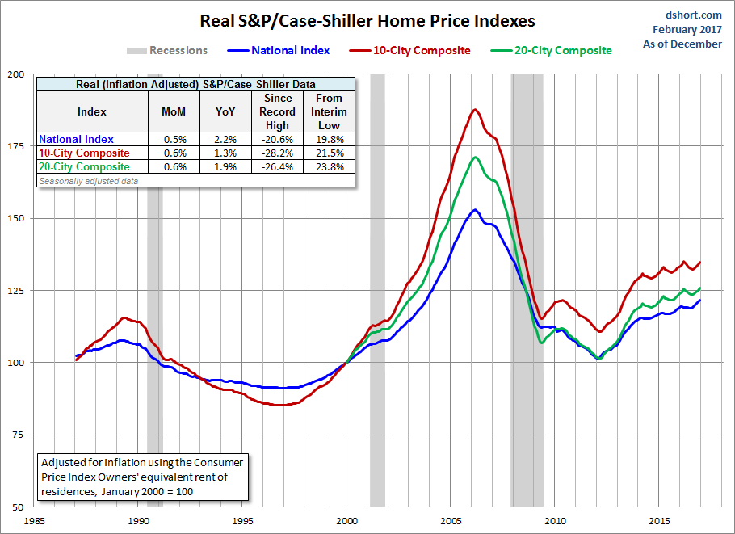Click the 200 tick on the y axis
click(15, 74)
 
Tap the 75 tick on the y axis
click(18, 435)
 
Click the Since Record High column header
click(278, 111)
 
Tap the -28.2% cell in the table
click(278, 153)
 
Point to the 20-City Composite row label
click(84, 167)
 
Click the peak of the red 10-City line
click(475, 110)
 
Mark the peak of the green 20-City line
click(476, 157)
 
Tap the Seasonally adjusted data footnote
click(88, 181)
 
